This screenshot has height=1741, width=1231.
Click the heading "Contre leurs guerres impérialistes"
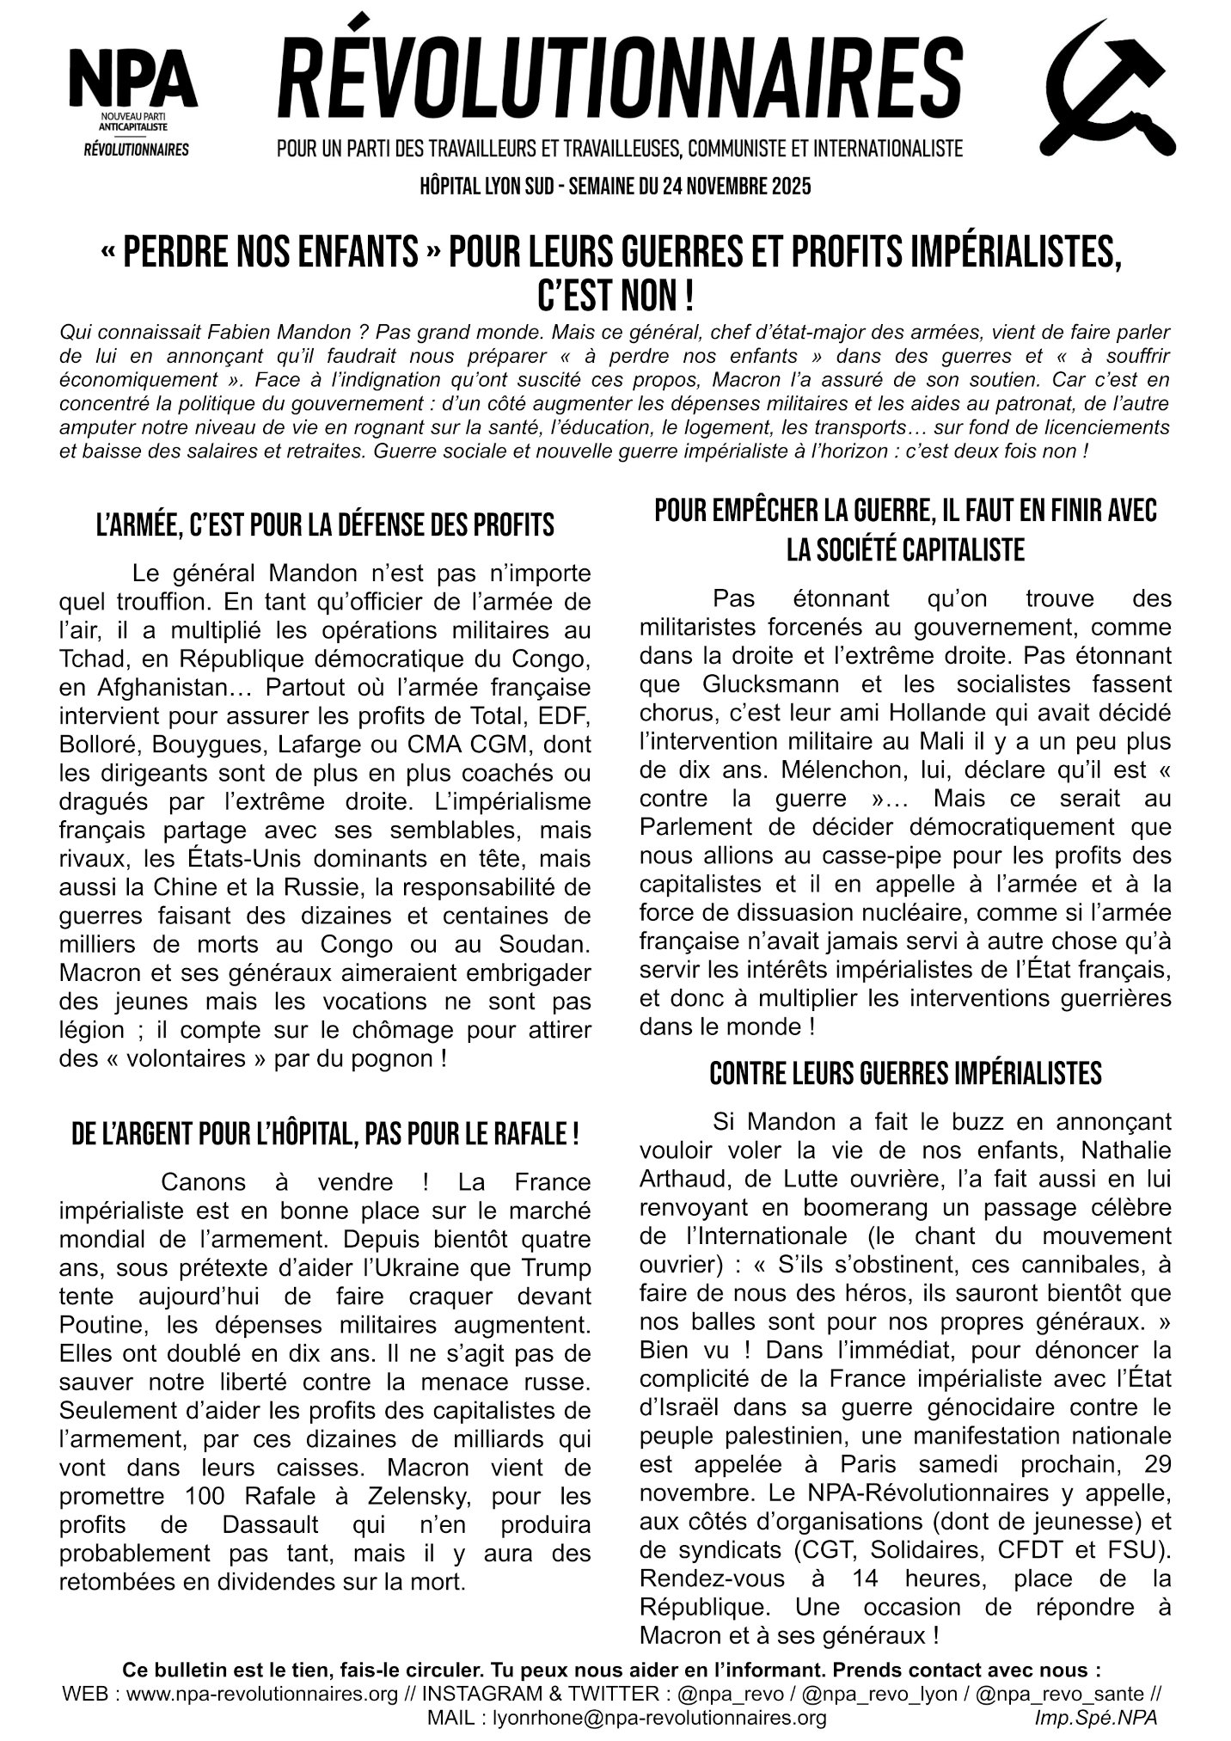pyautogui.click(x=905, y=1073)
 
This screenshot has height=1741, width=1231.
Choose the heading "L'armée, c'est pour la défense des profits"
pyautogui.click(x=325, y=524)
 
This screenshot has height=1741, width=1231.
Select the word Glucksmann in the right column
pyautogui.click(x=754, y=684)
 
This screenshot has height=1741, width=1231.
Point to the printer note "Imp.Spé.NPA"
pyautogui.click(x=1097, y=1718)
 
